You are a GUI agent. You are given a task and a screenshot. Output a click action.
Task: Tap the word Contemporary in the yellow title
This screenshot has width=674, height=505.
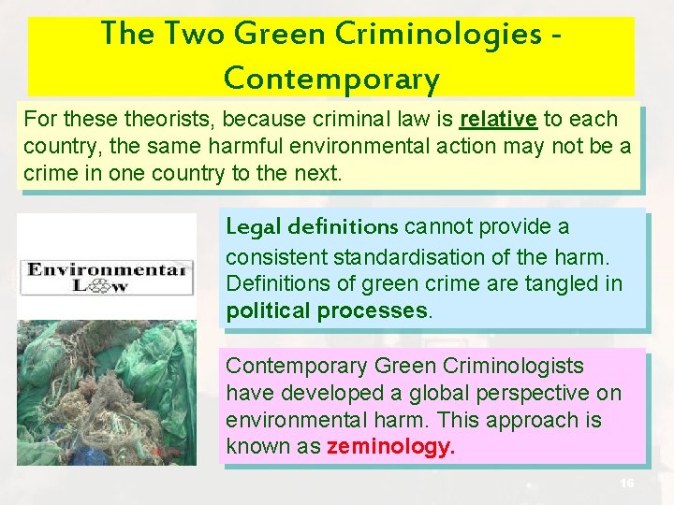331,79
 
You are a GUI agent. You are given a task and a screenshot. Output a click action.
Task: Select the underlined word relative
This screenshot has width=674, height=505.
498,119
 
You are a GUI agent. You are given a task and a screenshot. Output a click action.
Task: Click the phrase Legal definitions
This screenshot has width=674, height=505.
313,226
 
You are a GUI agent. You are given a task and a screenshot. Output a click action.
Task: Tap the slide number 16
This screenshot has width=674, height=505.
627,483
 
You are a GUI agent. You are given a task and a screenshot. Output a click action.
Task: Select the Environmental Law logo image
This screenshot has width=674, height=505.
107,278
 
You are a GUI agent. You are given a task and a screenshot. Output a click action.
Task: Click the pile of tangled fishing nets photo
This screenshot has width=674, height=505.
107,393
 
